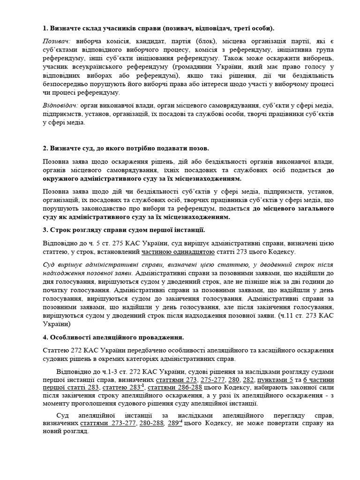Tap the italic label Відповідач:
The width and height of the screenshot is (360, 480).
click(60, 106)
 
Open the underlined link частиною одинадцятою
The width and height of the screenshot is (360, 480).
click(178, 252)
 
